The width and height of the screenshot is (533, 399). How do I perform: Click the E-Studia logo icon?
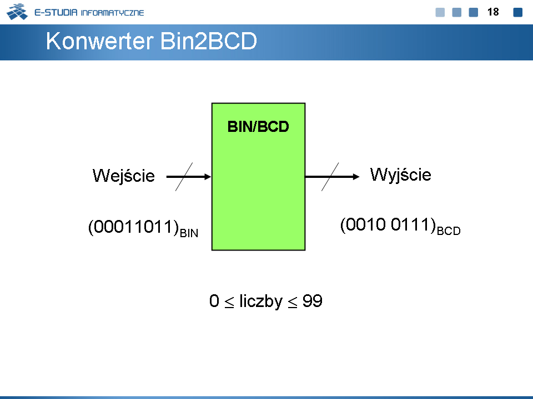click(17, 12)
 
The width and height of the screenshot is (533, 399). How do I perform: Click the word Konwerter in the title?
click(99, 41)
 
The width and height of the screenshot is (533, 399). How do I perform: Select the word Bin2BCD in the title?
click(208, 41)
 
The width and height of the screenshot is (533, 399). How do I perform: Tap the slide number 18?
click(493, 12)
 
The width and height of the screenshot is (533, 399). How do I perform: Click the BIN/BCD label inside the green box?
click(258, 126)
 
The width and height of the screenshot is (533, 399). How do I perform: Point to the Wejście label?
click(124, 176)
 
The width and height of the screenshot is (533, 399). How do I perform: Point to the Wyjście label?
click(401, 175)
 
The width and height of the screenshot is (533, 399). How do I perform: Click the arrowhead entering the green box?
click(207, 177)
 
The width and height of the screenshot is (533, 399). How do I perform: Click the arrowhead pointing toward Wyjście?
click(356, 177)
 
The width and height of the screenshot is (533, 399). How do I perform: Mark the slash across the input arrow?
click(184, 177)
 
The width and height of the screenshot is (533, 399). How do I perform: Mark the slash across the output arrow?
click(330, 177)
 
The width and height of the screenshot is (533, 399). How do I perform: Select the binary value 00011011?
click(134, 227)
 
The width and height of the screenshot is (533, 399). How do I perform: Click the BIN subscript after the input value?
click(189, 233)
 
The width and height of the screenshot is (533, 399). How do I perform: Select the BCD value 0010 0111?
click(388, 224)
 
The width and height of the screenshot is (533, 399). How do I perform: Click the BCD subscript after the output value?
click(449, 231)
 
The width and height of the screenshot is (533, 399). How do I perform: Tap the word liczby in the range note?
click(261, 301)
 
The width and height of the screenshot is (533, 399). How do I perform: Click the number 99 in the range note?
click(312, 301)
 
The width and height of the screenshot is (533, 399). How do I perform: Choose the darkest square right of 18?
click(517, 12)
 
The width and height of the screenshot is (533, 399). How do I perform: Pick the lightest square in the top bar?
click(440, 12)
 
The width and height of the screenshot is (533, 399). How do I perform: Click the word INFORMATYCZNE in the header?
click(113, 13)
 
